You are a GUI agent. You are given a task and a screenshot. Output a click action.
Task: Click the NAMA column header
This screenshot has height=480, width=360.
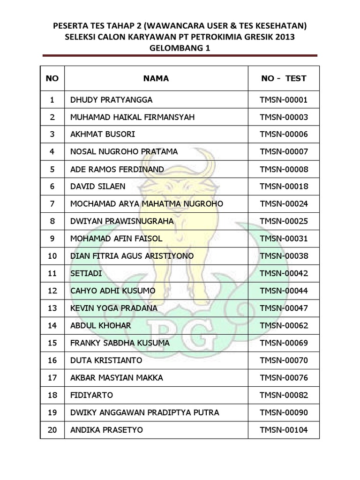[156, 78]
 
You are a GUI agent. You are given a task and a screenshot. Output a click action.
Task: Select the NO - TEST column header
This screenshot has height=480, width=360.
[284, 78]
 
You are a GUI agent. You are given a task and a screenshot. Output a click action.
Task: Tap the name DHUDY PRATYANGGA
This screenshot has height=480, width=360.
[111, 100]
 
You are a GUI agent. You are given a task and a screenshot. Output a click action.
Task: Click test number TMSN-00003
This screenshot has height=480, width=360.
[284, 117]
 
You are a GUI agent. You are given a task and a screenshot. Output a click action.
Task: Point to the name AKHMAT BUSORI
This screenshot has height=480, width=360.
[102, 135]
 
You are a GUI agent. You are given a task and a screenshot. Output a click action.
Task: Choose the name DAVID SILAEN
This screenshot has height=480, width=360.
[97, 187]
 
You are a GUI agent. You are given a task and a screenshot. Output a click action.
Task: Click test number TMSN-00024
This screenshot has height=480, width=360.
[284, 204]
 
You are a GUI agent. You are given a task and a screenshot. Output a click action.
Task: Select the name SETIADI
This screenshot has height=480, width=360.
[86, 273]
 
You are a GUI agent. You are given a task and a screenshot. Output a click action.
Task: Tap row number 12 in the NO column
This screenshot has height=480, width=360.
[52, 291]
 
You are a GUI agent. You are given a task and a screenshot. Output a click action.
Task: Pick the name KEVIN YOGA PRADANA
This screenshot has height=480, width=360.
[113, 308]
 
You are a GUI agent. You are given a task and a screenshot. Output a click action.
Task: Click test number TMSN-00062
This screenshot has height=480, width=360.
[284, 325]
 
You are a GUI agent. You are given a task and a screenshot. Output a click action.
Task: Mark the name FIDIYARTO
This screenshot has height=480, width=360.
[91, 395]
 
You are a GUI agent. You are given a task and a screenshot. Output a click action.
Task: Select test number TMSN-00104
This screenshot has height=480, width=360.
[284, 430]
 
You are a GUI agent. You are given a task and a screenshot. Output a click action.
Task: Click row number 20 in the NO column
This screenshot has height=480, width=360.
[52, 430]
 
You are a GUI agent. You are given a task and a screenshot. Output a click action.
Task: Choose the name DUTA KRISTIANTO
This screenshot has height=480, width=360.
[106, 360]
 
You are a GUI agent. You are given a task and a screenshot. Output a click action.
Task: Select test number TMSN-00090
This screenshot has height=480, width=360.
[284, 412]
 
